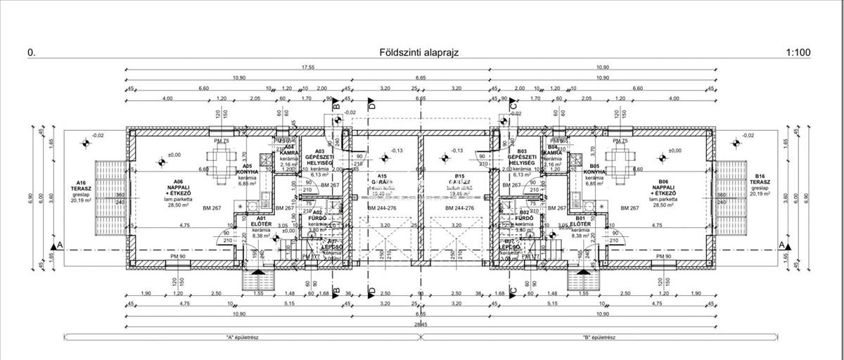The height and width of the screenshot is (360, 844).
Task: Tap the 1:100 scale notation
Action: click(798, 52)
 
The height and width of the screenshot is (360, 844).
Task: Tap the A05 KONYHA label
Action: click(247, 172)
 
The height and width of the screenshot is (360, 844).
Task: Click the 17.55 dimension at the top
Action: click(307, 67)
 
